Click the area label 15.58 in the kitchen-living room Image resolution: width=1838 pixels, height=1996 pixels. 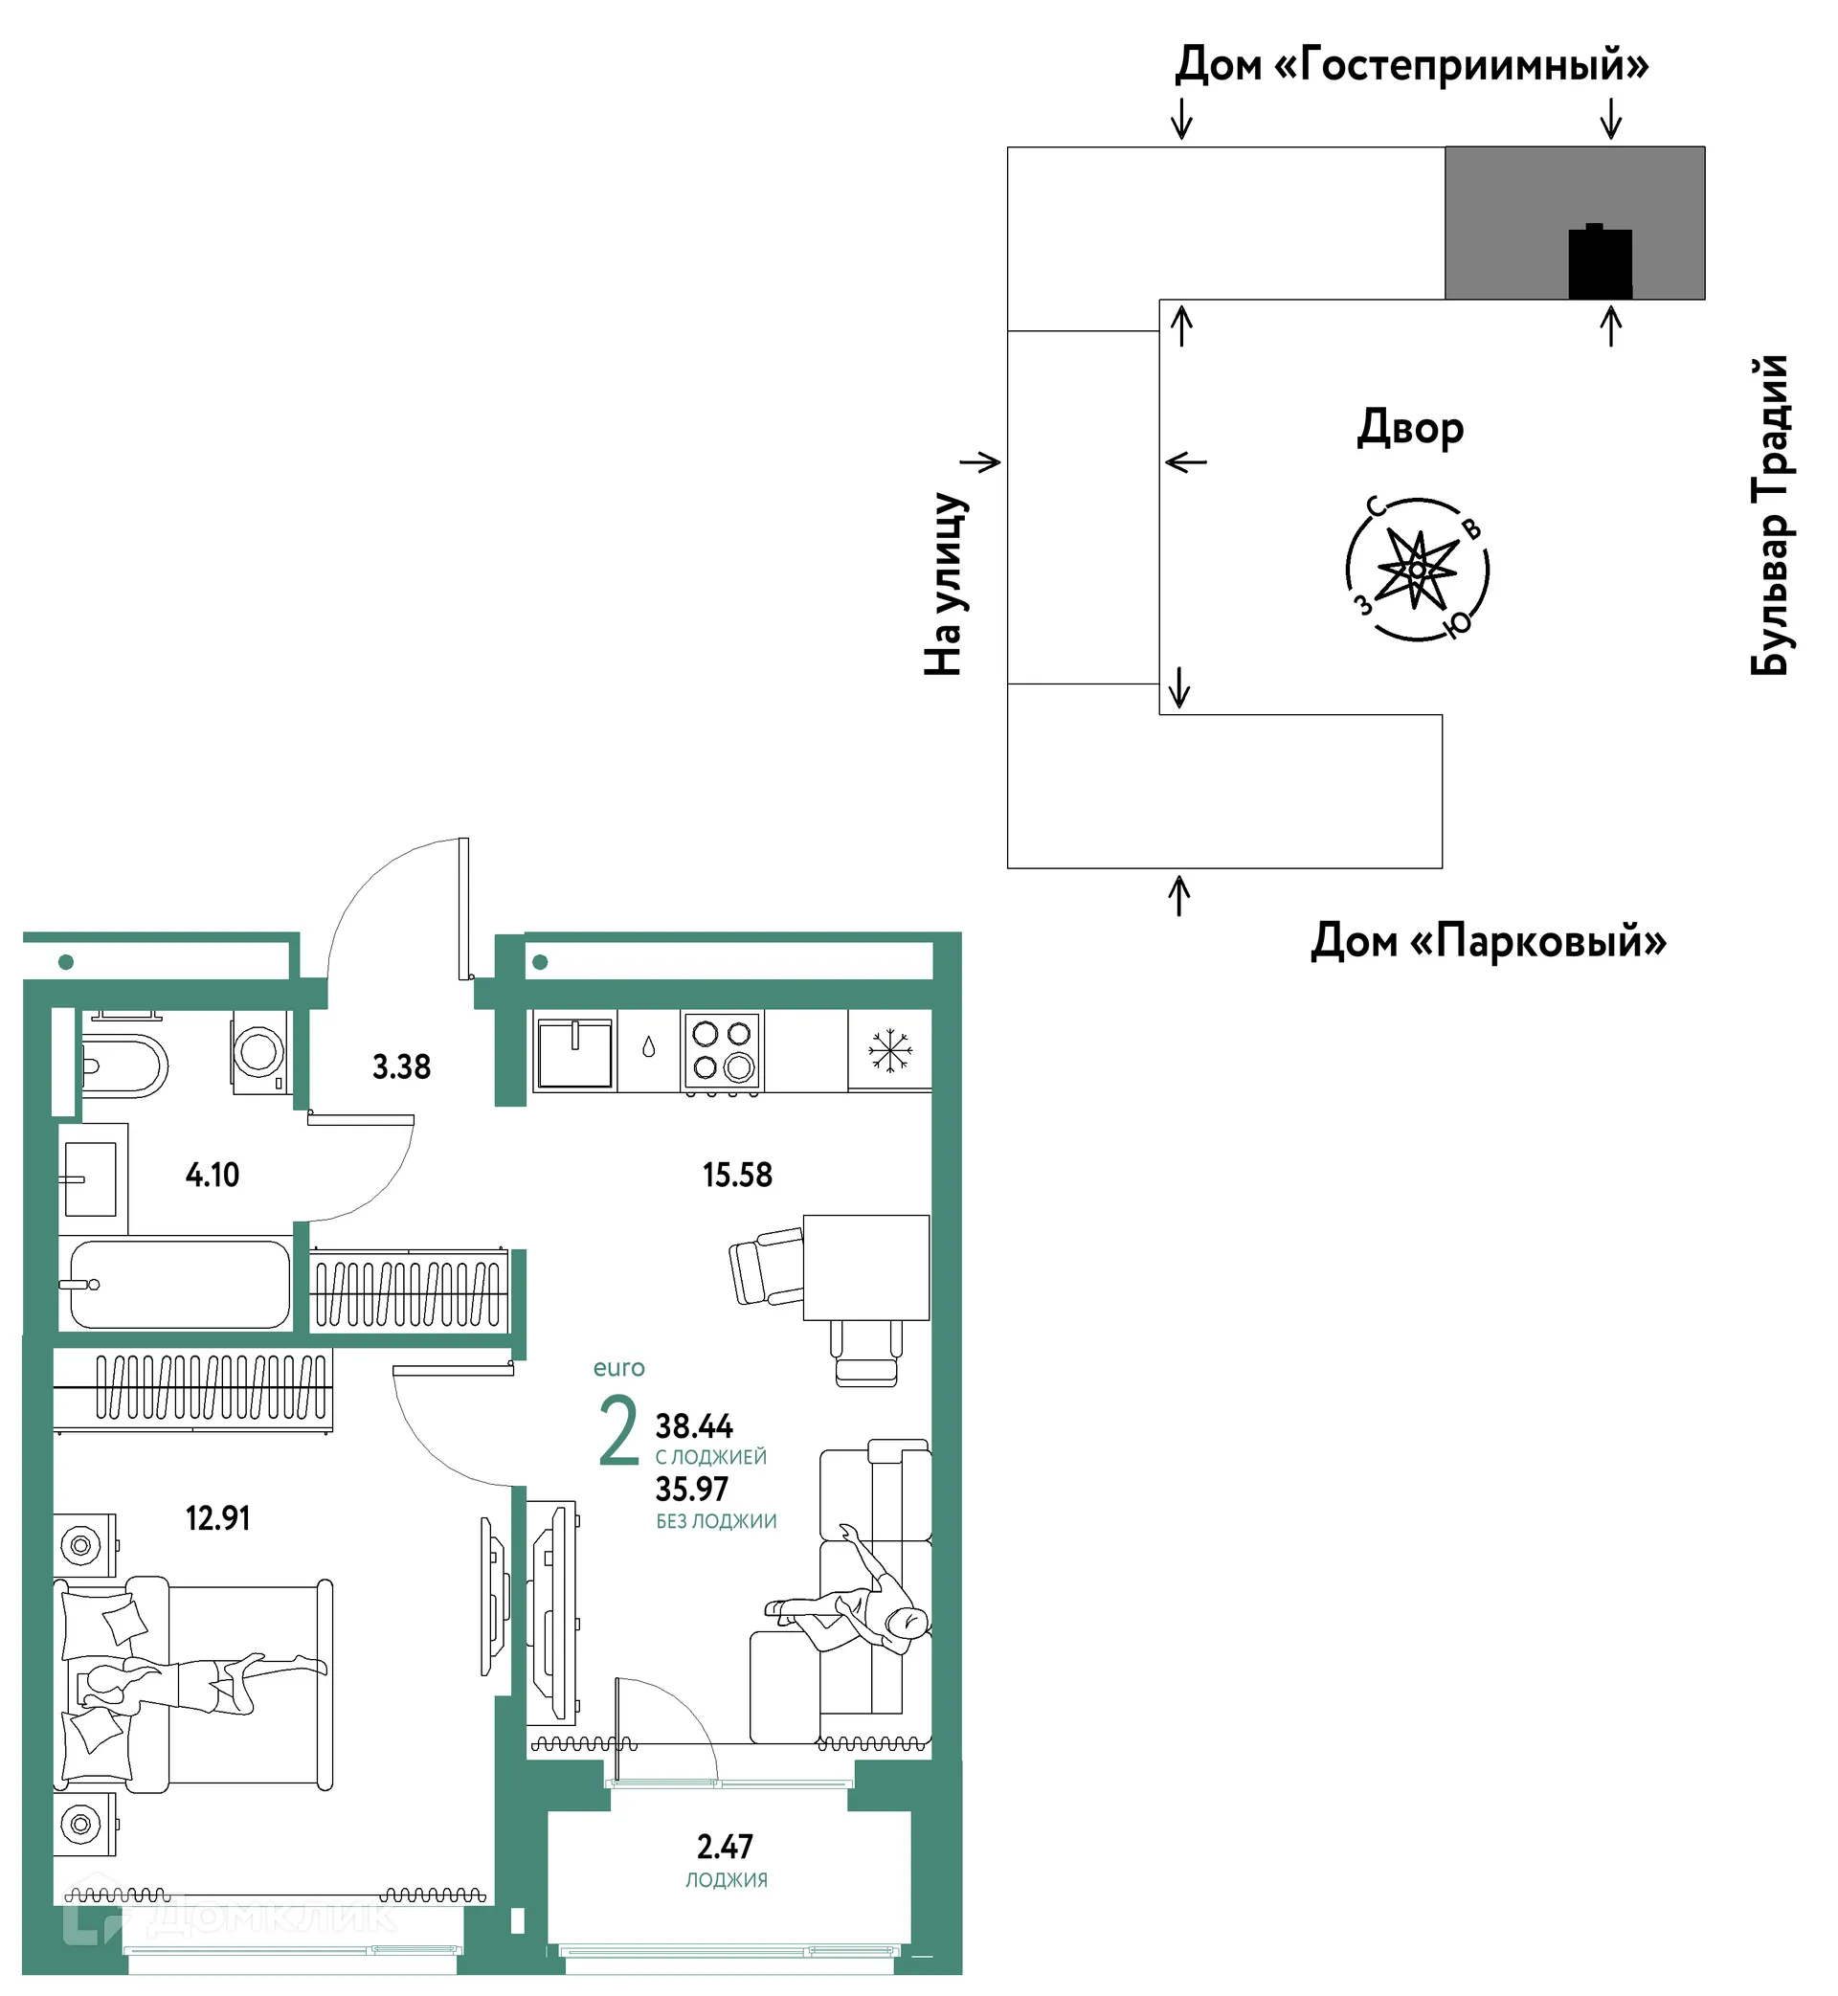coord(737,1176)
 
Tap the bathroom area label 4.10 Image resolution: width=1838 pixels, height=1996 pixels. coord(212,1176)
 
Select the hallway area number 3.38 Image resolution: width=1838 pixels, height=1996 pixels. coord(401,1067)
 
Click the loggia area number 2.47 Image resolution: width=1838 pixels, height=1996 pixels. coord(724,1847)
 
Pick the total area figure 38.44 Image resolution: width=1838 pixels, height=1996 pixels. coord(693,1427)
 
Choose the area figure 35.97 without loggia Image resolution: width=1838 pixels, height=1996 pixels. coord(691,1490)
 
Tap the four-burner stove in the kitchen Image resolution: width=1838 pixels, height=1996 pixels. coord(722,1052)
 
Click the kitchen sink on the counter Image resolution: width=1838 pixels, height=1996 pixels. coord(575,1052)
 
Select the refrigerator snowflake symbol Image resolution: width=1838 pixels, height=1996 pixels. coord(889,1051)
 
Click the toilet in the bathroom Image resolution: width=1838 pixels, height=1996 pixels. coord(123,1066)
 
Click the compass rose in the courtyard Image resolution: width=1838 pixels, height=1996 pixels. coord(1418,570)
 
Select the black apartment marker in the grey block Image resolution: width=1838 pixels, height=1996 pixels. coord(1601,262)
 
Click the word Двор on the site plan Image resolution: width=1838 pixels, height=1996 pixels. coord(1410,429)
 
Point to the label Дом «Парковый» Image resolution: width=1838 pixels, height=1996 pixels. coord(1489,941)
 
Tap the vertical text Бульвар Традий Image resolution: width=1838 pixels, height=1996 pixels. coord(1770,515)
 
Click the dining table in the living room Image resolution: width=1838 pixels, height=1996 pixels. coord(866,1268)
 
